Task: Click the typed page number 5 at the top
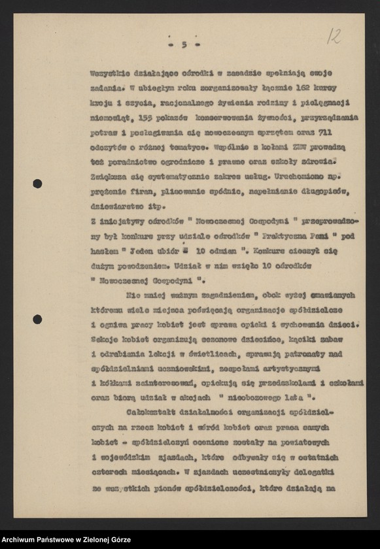point(184,44)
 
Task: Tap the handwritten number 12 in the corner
point(334,36)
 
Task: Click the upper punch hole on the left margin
point(37,184)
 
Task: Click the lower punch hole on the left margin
point(37,319)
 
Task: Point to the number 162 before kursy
point(296,86)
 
